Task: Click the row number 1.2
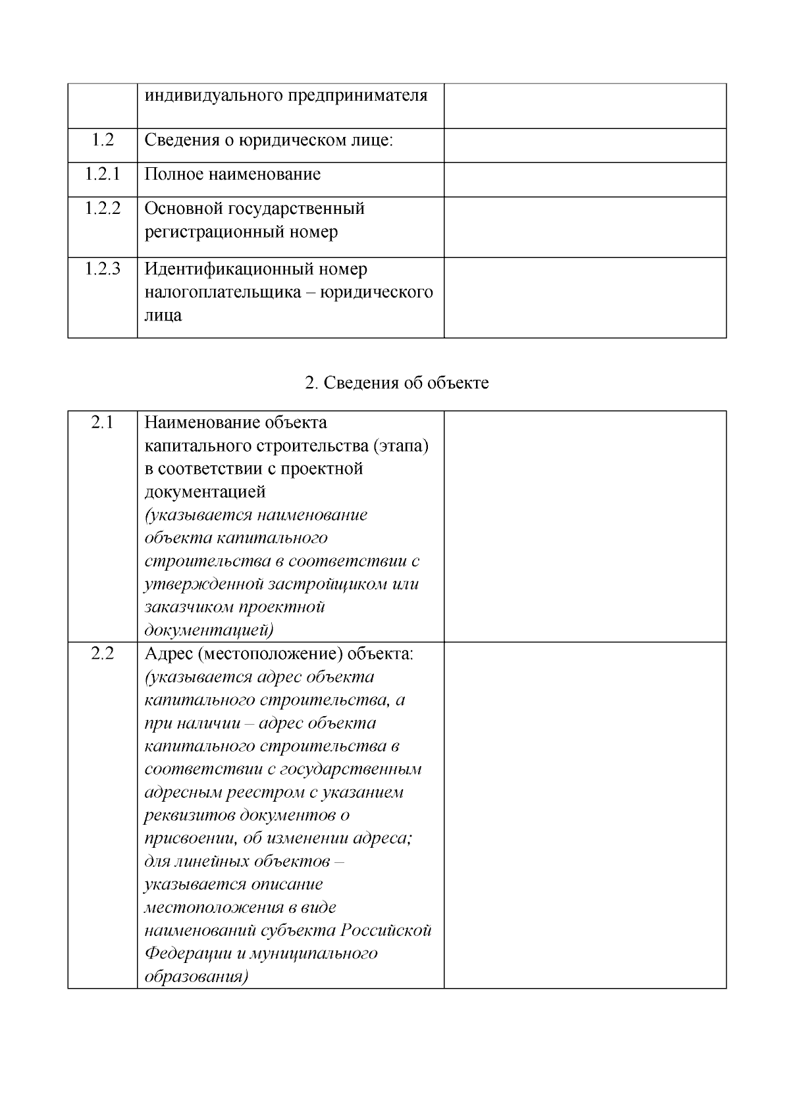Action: click(102, 140)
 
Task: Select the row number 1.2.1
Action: click(102, 174)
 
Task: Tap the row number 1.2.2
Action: click(102, 209)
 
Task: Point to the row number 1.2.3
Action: click(102, 269)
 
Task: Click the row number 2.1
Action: click(102, 423)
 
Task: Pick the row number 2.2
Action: click(102, 654)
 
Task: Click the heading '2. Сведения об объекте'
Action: click(396, 383)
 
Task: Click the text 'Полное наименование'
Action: click(232, 174)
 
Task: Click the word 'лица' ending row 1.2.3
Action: click(163, 315)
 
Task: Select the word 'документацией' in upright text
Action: click(205, 492)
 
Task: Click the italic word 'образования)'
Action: click(196, 977)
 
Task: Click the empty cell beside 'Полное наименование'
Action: click(585, 179)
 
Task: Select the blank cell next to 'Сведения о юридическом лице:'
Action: click(585, 145)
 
